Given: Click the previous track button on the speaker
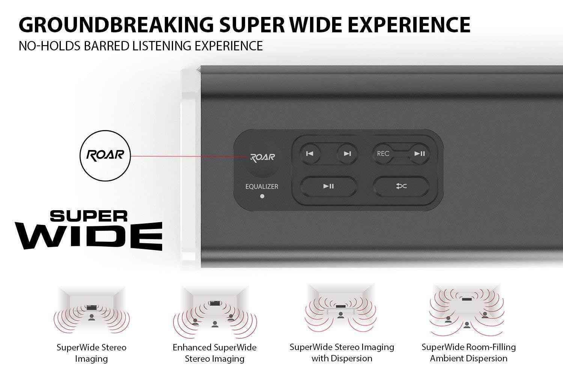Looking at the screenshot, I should (x=310, y=153).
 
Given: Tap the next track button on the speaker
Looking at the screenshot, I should (x=347, y=153).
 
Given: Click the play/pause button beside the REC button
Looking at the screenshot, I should (x=419, y=153).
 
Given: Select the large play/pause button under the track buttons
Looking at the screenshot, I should (x=328, y=186).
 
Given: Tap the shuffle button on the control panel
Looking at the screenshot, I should (x=401, y=186).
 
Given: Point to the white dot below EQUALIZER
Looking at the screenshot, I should (x=262, y=196).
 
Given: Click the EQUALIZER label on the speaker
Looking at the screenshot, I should (x=262, y=186).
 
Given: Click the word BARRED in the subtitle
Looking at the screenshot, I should (x=106, y=45).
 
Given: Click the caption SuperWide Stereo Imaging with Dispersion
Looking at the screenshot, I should (x=342, y=352).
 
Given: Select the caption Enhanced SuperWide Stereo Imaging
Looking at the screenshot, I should (x=214, y=353).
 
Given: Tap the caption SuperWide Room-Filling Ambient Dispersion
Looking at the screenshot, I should (x=468, y=352).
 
